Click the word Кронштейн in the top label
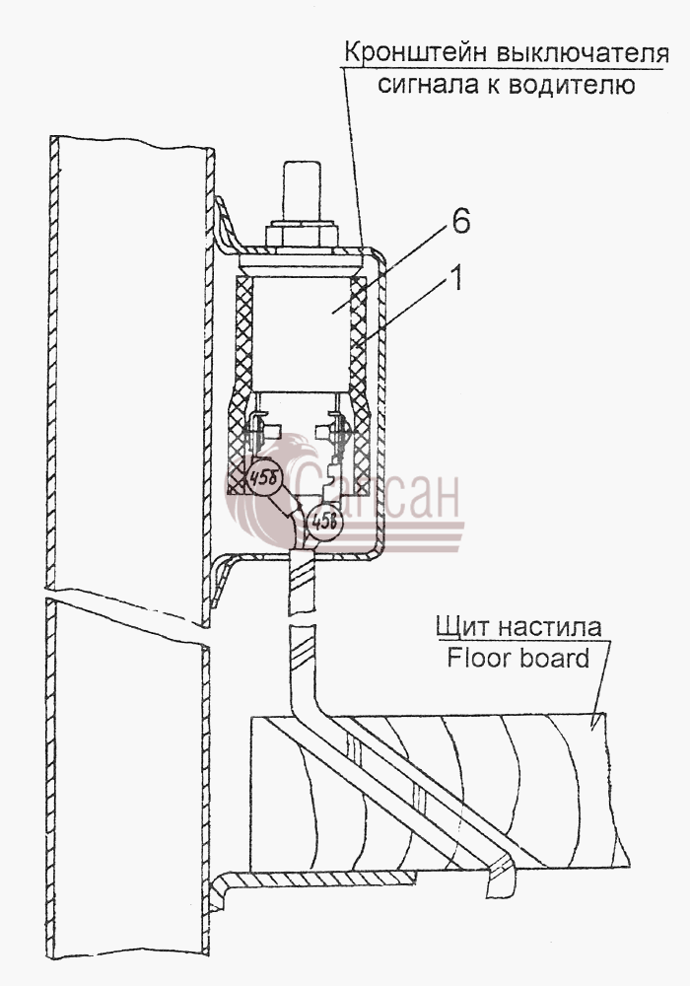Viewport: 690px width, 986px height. [413, 53]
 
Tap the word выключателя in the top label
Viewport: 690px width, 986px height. [582, 53]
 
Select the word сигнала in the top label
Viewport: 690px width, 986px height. [428, 85]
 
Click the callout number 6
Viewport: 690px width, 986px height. [461, 222]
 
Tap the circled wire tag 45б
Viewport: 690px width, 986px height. [265, 479]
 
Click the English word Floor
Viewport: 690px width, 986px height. [478, 658]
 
